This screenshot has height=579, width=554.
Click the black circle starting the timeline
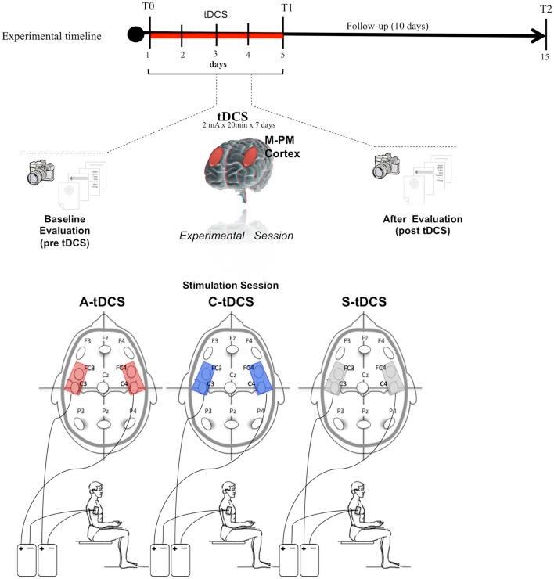136,35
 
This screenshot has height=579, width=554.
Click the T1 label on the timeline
283,9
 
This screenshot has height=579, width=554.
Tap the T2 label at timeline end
544,9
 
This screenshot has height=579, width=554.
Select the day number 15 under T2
543,56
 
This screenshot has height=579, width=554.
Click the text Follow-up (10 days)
387,25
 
